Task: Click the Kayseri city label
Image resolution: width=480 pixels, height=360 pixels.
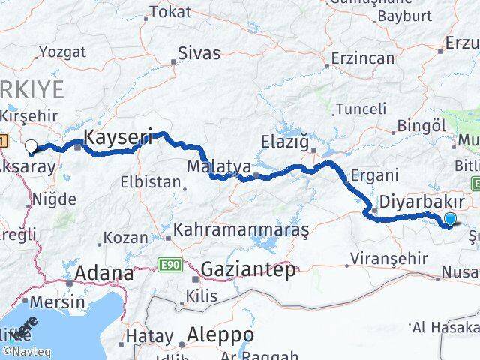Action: click(x=118, y=137)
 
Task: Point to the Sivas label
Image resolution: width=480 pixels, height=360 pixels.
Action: click(x=199, y=53)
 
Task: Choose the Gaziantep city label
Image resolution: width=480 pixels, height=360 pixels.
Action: click(x=248, y=270)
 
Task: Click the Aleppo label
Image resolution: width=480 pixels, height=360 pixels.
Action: click(x=220, y=334)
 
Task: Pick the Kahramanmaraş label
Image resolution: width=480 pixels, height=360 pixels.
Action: click(x=241, y=231)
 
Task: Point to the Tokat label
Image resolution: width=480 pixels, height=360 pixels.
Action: click(x=171, y=12)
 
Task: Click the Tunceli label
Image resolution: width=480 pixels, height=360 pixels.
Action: click(x=365, y=107)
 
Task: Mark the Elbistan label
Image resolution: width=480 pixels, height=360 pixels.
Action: click(x=155, y=181)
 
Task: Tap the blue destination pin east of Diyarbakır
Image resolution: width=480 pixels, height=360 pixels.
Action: click(x=450, y=218)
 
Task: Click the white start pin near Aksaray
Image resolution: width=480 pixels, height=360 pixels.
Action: click(x=31, y=146)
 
